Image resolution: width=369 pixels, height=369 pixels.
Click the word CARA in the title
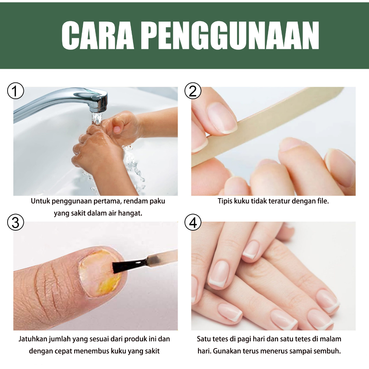97,35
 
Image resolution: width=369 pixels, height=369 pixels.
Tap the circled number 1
15,91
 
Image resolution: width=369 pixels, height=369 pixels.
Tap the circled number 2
193,91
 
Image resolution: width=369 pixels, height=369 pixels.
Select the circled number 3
15,222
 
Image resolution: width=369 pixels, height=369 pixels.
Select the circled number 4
193,222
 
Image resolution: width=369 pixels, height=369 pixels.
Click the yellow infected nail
100,272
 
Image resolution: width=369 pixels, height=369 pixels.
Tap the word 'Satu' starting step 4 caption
204,339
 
